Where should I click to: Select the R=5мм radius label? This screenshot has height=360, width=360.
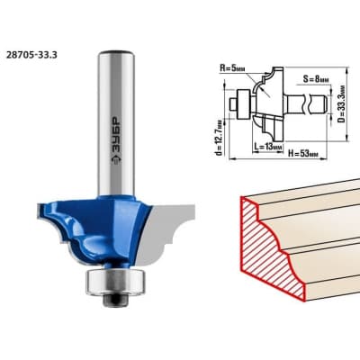click(232, 68)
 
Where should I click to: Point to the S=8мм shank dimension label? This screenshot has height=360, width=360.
click(316, 79)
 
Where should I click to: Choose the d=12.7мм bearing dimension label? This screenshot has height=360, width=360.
click(220, 137)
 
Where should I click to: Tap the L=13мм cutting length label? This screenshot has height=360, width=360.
click(268, 147)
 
